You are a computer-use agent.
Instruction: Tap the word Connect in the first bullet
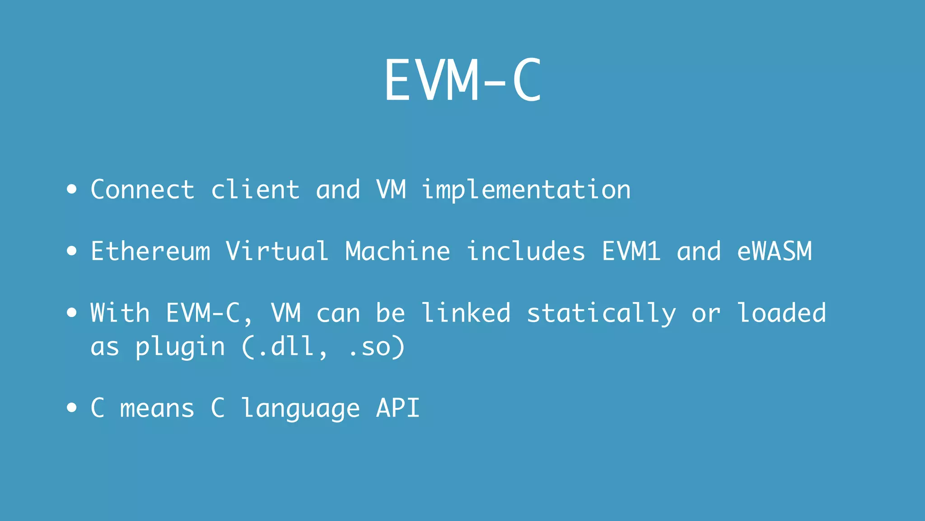coord(142,189)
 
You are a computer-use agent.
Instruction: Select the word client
coord(255,189)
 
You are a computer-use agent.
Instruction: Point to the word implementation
coord(526,190)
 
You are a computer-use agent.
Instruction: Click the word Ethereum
coord(150,251)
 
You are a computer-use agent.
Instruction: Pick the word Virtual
coord(277,251)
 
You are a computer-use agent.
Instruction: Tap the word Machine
coord(397,251)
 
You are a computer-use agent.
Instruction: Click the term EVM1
coord(631,251)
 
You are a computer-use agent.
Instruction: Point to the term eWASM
coord(774,251)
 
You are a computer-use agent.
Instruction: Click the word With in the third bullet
coord(120,313)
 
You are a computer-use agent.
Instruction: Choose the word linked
coord(466,313)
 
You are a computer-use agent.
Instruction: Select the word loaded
coord(781,313)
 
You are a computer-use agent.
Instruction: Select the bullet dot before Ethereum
coord(71,251)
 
